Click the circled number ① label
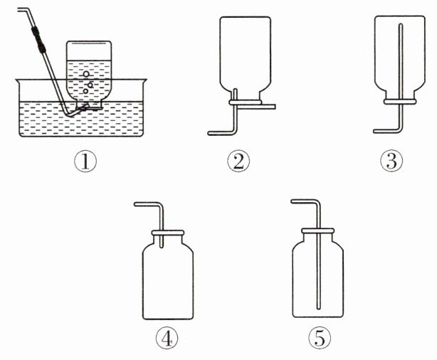tap(85, 162)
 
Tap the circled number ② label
tap(238, 162)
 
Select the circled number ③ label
tap(391, 161)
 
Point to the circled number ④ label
tap(167, 339)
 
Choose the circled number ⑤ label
tap(320, 338)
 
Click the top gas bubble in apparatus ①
tap(86, 74)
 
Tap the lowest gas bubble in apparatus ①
tap(85, 91)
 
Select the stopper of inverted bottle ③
tap(400, 102)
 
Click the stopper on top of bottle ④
tap(168, 233)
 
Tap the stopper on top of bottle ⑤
tap(317, 231)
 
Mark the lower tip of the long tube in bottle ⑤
tap(318, 309)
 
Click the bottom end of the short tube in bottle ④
tap(161, 247)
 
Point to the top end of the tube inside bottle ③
tap(401, 25)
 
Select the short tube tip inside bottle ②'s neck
tap(235, 90)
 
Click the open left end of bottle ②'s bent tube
tap(209, 133)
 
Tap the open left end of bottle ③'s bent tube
tap(374, 131)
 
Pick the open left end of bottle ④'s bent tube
tap(135, 204)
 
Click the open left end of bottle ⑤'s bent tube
tap(292, 201)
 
